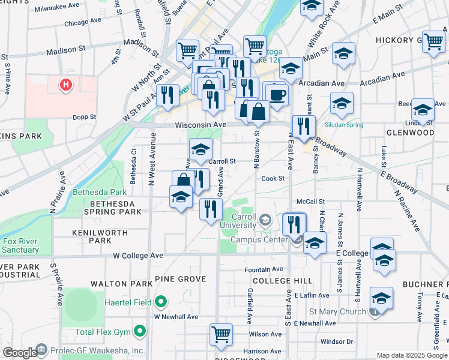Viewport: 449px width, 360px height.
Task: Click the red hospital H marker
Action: (x=66, y=86)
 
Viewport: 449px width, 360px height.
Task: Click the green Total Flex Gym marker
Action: (x=140, y=331)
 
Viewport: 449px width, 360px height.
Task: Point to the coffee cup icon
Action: (x=276, y=94)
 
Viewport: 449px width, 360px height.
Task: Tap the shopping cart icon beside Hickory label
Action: (x=433, y=41)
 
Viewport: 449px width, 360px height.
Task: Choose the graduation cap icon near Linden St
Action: (x=423, y=110)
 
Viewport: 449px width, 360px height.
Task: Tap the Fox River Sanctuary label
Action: (x=20, y=245)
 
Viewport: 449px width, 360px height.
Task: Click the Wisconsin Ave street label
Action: (x=200, y=125)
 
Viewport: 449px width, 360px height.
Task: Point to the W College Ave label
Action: (x=138, y=255)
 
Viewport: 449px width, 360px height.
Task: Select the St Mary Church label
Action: (x=337, y=311)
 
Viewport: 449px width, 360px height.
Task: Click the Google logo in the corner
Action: (x=20, y=353)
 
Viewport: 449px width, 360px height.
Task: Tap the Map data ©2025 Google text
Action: (x=411, y=355)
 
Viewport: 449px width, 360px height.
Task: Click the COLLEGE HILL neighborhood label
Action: (x=274, y=281)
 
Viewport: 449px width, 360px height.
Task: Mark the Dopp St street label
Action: (x=84, y=117)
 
